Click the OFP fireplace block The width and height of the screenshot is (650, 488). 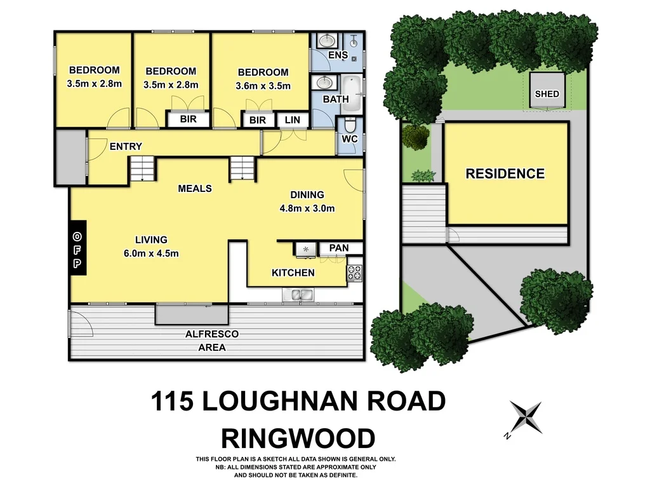point(77,248)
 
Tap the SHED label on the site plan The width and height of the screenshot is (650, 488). point(547,94)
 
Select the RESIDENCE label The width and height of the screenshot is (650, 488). point(505,173)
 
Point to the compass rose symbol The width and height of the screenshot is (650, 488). point(526,418)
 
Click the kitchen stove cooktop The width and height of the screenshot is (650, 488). point(354,273)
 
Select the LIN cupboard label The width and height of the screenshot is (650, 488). point(292,120)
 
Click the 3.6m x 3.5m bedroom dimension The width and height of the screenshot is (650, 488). point(263,86)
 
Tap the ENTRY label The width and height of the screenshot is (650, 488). point(126,147)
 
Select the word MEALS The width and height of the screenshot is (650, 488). point(195,189)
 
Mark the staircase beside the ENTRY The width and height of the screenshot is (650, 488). point(143,170)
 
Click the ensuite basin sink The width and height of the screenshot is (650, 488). point(327,41)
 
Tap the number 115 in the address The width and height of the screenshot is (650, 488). point(173,402)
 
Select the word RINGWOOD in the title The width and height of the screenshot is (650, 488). point(297,438)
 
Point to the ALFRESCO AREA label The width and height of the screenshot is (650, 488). point(212,341)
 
